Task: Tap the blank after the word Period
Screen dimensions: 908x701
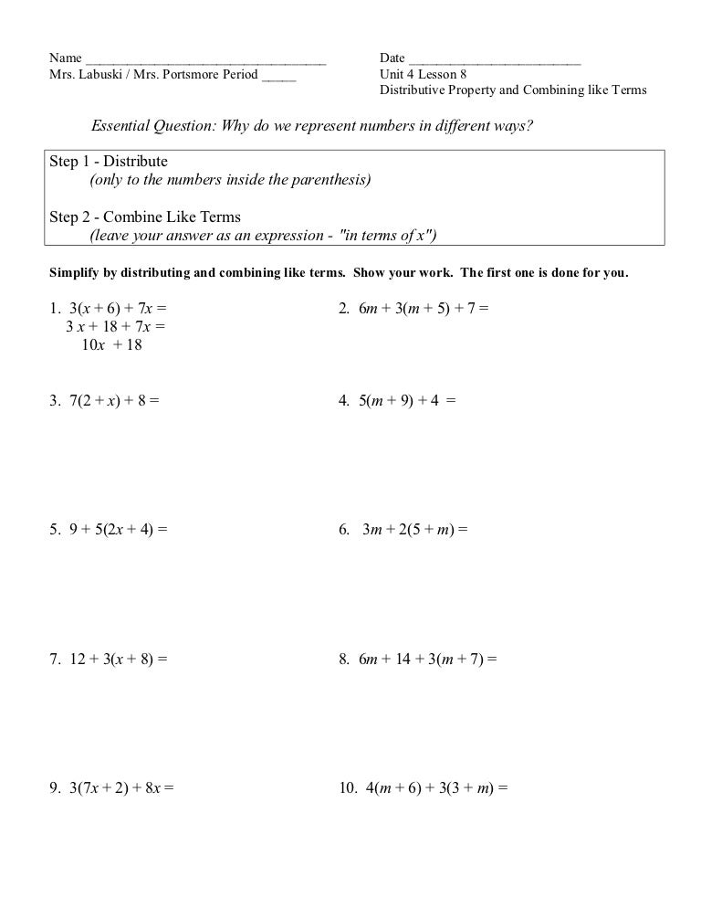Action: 278,76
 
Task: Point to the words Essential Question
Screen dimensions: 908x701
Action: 152,125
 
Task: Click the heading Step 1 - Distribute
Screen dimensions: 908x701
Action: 109,162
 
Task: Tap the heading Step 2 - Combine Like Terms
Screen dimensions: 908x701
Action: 145,217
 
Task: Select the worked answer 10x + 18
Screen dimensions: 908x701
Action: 111,344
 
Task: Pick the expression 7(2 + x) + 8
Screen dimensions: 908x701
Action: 109,399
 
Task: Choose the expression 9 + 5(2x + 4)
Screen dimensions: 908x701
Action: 113,529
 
